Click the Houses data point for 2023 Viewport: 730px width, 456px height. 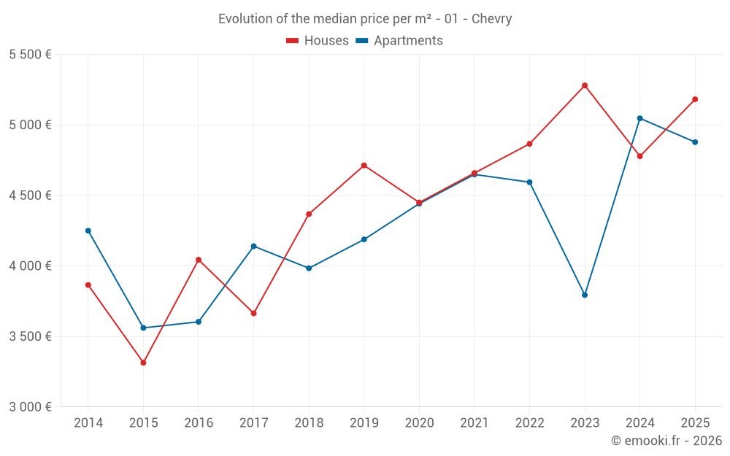585,85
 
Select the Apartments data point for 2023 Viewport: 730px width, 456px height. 585,295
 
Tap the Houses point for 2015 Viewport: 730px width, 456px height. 143,363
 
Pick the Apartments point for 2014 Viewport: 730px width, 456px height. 88,231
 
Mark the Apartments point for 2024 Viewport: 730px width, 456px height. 640,118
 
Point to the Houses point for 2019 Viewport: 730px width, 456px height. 364,166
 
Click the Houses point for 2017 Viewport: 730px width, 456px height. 253,313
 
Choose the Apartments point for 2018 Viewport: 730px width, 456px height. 309,268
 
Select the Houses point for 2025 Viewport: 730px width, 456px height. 695,99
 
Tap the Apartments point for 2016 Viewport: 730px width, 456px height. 199,322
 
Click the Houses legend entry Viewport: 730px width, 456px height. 318,41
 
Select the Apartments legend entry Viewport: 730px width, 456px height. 399,41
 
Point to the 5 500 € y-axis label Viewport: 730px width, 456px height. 30,55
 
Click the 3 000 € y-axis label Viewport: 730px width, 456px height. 30,407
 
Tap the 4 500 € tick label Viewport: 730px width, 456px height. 30,196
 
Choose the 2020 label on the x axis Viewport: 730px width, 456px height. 419,423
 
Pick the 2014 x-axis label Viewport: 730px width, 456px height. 88,423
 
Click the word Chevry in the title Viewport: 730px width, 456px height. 491,19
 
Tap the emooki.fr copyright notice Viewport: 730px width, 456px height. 666,441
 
